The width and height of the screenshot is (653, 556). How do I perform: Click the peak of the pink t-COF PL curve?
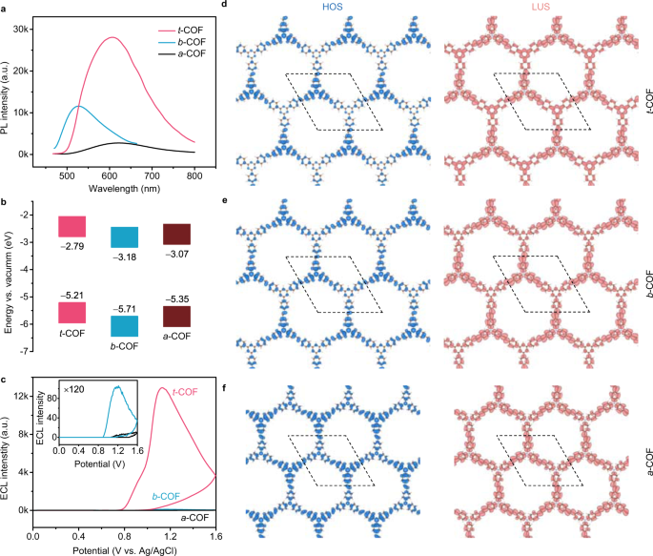point(112,38)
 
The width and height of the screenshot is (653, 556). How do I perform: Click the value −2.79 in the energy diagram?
point(72,245)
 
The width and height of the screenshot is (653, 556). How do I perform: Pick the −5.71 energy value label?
point(125,309)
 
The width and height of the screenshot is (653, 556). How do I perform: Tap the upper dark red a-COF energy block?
point(176,235)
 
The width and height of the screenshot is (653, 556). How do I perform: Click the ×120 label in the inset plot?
point(74,390)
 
